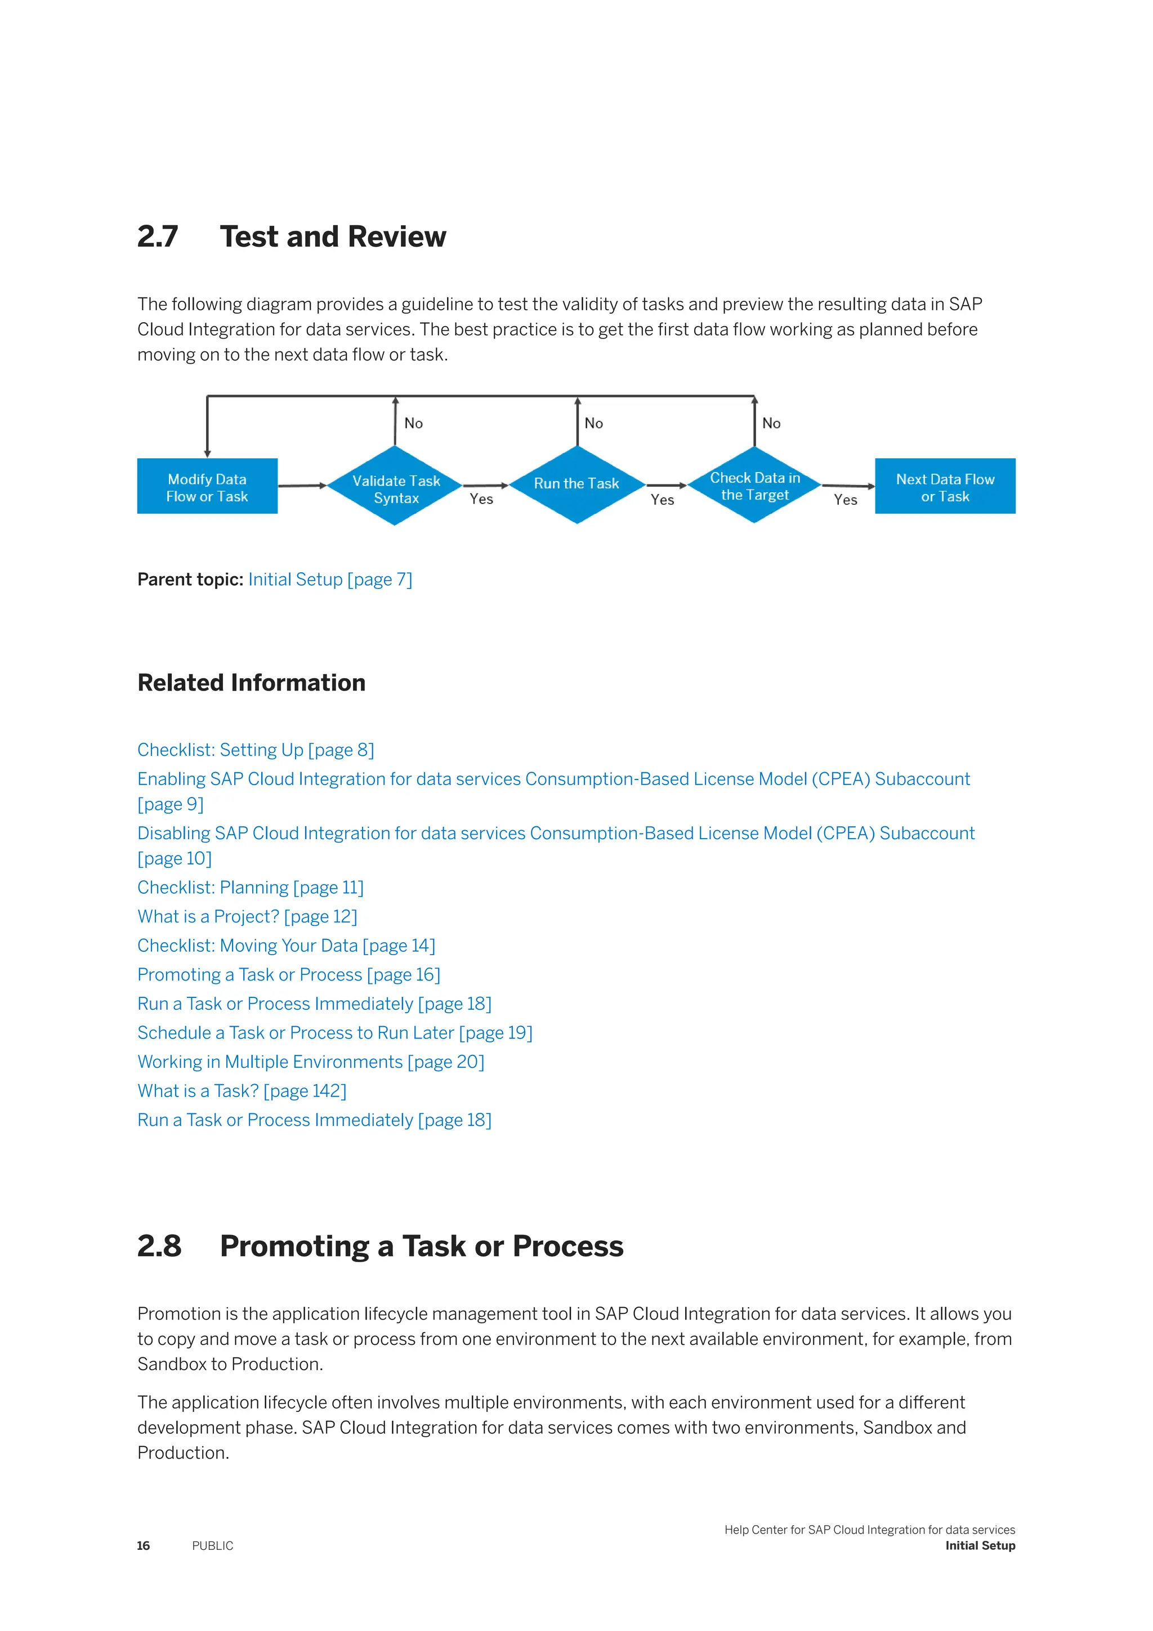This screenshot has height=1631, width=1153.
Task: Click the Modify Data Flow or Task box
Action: (x=207, y=487)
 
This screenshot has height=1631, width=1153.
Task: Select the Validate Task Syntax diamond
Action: (x=395, y=487)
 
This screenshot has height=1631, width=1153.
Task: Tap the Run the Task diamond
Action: (x=576, y=484)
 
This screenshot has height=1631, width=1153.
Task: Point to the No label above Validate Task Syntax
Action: (x=413, y=424)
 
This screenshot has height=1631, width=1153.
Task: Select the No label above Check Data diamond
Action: (x=771, y=424)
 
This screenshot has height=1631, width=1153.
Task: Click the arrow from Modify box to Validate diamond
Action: (x=302, y=486)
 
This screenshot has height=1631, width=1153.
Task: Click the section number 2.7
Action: (x=158, y=237)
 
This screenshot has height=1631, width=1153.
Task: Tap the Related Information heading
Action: (x=251, y=683)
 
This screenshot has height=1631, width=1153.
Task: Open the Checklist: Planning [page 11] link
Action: (x=250, y=888)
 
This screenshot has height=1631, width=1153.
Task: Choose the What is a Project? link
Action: (x=247, y=917)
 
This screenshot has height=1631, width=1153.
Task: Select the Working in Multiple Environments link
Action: (x=310, y=1062)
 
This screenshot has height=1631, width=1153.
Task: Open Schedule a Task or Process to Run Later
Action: (x=334, y=1033)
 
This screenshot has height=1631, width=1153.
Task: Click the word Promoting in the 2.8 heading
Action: (x=294, y=1247)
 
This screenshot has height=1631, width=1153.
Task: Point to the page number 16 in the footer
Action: (x=144, y=1546)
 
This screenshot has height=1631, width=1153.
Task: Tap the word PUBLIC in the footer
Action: (x=212, y=1546)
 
